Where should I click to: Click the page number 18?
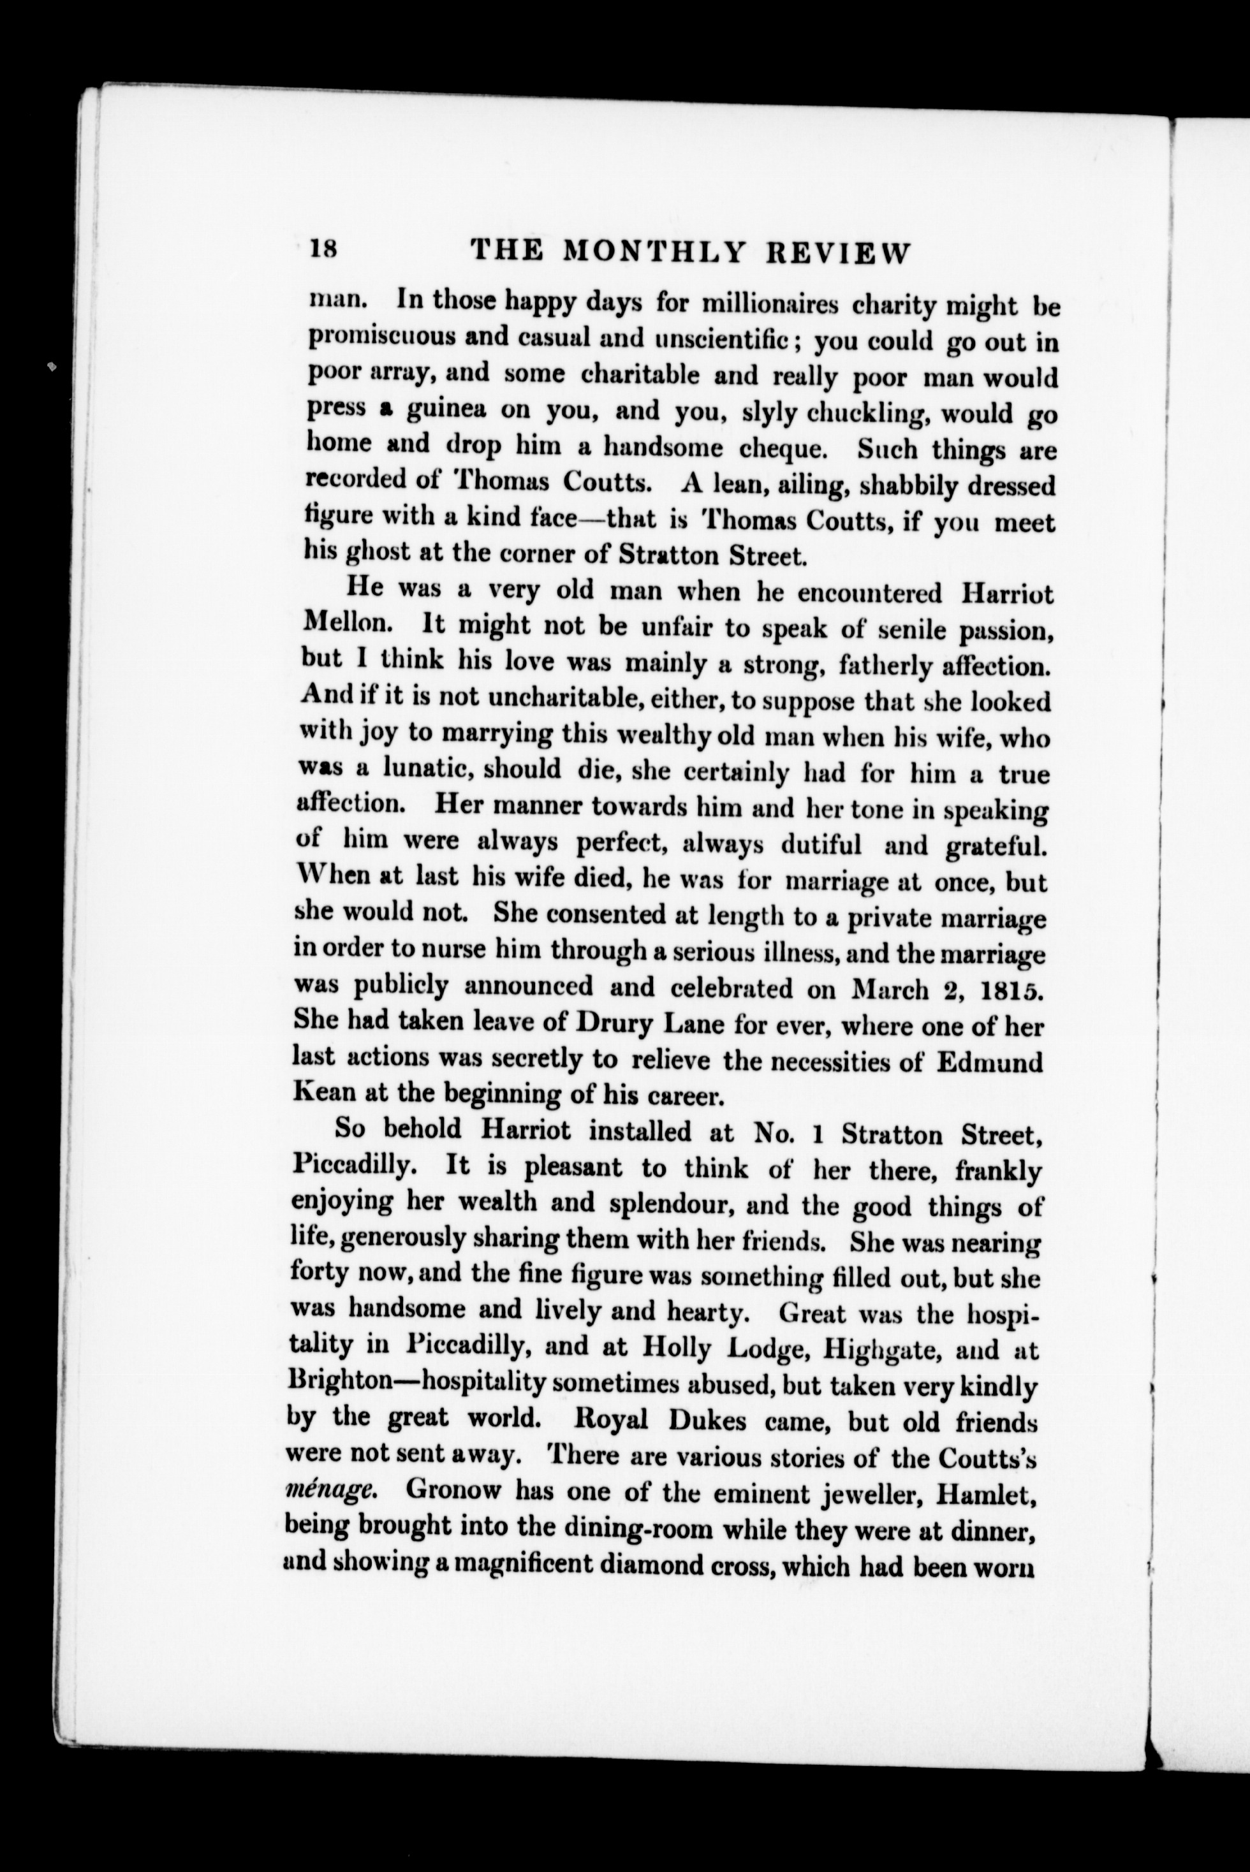(325, 249)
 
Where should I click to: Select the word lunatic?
(427, 769)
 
